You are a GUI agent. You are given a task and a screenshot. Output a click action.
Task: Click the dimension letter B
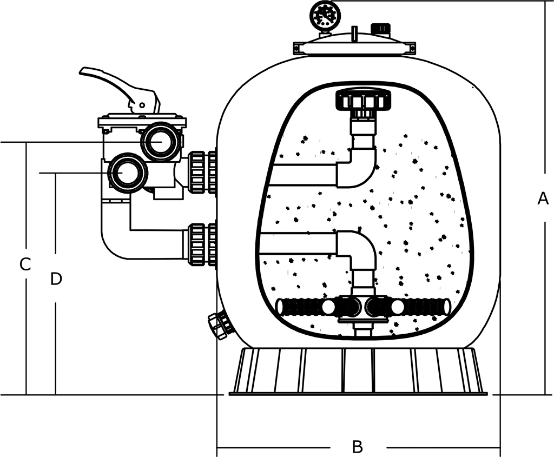coord(357,447)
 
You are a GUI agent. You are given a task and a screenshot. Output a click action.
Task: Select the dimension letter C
coord(25,264)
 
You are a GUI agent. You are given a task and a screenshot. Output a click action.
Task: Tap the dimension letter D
coord(56,279)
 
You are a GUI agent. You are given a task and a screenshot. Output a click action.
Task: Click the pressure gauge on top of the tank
coord(324,16)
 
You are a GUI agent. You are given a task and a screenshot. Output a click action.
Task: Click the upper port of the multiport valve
coord(161,141)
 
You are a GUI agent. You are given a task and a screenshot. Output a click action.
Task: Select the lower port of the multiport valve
coord(128,173)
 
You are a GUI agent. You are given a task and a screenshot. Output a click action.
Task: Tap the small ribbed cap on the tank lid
coord(380,28)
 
